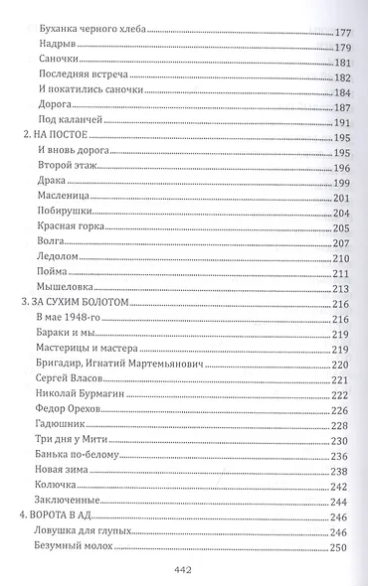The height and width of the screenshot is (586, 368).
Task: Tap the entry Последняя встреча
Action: (77, 76)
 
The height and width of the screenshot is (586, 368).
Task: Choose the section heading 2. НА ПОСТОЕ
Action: (56, 137)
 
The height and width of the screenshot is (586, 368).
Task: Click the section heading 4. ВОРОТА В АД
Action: (64, 517)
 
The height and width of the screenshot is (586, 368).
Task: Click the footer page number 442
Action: (184, 569)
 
